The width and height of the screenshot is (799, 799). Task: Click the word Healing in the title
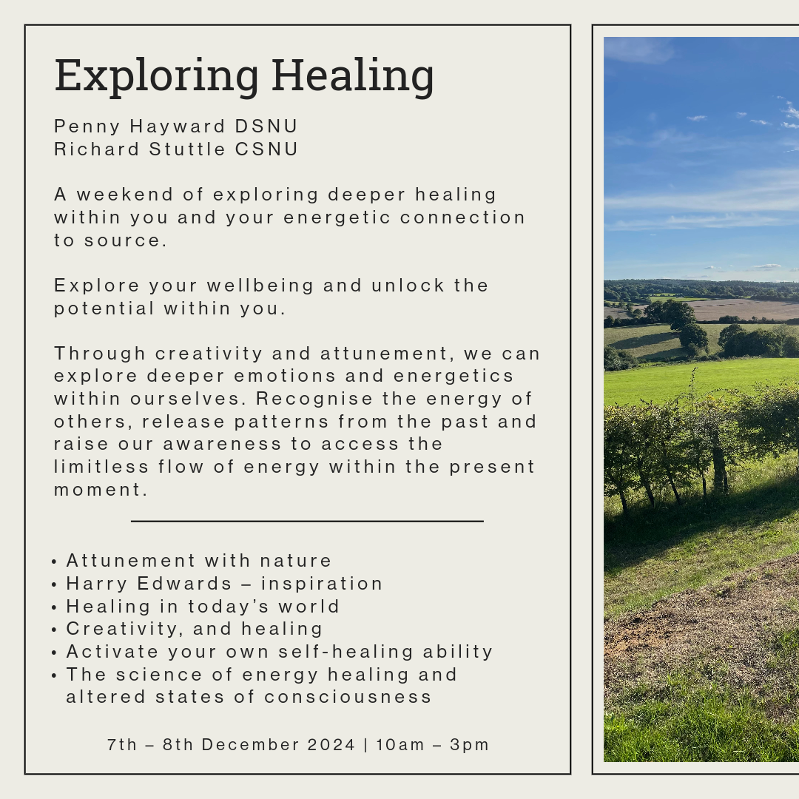point(353,75)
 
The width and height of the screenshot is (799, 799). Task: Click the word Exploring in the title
point(156,75)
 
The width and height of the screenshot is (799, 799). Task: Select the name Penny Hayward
point(139,127)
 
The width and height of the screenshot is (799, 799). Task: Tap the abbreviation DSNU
point(266,126)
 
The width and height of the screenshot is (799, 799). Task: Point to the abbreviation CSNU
point(266,149)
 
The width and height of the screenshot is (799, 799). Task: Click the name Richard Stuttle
point(139,149)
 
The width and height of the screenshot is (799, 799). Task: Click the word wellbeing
point(260,286)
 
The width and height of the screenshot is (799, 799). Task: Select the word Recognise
point(314,399)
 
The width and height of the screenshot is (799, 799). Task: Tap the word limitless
point(101,466)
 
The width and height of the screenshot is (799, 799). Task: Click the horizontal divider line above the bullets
point(307,522)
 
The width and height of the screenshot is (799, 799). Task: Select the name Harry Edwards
point(149,584)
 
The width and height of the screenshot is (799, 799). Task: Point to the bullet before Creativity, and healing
point(54,630)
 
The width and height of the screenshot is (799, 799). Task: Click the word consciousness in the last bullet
point(348,697)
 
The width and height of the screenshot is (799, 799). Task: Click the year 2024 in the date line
point(331,744)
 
